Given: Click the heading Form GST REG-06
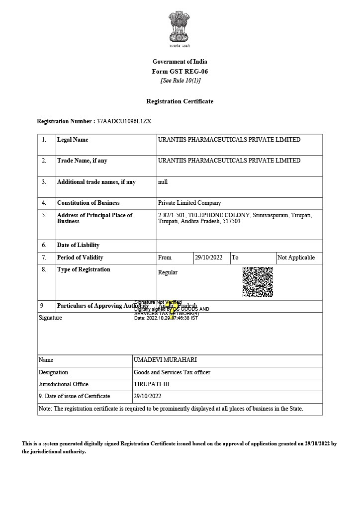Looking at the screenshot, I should (x=180, y=71).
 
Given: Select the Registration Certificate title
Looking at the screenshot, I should (x=180, y=101).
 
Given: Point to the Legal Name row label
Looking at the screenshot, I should (x=73, y=140).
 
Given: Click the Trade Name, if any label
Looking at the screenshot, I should (x=82, y=161).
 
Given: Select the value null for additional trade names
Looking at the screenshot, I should (x=163, y=182).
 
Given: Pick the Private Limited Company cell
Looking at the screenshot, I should (x=189, y=203).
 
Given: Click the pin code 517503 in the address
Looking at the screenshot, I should (x=231, y=221).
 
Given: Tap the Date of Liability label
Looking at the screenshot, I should (x=78, y=245).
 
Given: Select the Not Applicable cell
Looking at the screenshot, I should (x=296, y=257).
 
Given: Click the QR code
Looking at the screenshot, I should (x=258, y=282).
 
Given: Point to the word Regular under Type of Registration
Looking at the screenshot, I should (x=168, y=272).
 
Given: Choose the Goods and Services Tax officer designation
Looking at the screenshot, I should (x=172, y=372).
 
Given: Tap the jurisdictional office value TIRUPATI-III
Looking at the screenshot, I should (x=152, y=384).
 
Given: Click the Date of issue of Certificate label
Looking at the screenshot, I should (x=74, y=396).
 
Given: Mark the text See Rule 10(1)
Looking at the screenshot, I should (x=180, y=81).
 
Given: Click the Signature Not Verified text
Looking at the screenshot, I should (x=158, y=302).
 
